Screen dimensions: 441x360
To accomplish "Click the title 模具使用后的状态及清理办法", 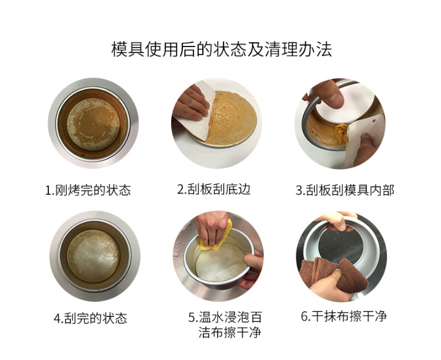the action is pos(221,49).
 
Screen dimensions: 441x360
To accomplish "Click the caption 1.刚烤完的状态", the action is pos(88,190).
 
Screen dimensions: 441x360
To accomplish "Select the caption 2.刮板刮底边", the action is pos(214,189).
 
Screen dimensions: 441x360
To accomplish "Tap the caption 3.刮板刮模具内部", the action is pos(345,190).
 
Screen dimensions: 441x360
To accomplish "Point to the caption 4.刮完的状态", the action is pos(91,318).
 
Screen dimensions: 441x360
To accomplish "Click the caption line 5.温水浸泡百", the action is pos(225,317).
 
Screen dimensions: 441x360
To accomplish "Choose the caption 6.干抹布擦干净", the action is pos(344,316).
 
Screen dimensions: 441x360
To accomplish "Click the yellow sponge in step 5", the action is pos(216,238).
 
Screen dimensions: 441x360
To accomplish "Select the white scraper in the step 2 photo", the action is pos(195,112).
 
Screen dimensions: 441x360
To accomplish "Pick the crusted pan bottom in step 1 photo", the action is pos(93,124).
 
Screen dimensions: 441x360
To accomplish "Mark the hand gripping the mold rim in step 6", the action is pos(336,221).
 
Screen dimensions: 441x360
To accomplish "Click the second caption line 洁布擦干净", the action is pos(230,332).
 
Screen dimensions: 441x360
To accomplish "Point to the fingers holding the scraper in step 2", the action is pos(191,103).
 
